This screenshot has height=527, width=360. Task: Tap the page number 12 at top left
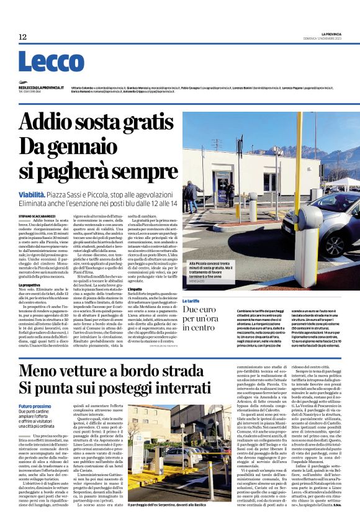tap(23, 37)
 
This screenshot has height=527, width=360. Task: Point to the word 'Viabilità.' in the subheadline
tap(35, 194)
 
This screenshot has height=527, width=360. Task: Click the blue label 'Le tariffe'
tap(192, 300)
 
